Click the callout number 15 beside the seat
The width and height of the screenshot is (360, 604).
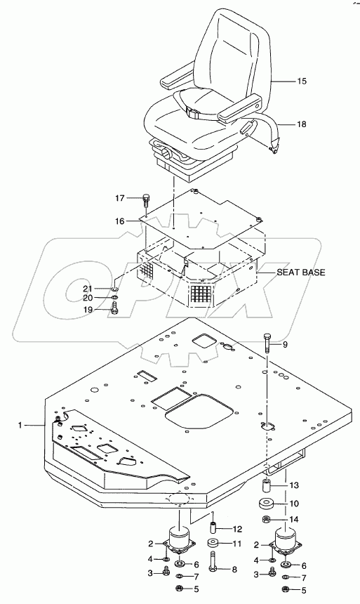(302, 81)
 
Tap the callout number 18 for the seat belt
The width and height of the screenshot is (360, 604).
(302, 124)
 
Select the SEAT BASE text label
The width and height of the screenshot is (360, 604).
(301, 273)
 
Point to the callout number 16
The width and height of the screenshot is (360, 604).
(119, 221)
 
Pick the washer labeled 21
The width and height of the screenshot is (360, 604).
(114, 289)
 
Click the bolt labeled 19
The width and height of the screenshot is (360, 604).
(114, 309)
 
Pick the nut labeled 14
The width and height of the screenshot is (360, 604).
(267, 520)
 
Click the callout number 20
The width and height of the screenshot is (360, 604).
(88, 298)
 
